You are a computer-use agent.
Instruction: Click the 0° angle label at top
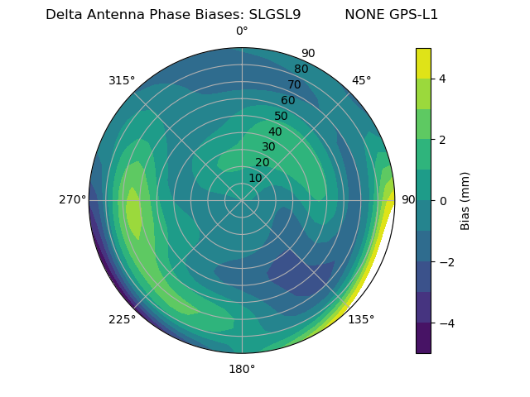coord(242,31)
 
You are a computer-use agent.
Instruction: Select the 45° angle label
coord(361,80)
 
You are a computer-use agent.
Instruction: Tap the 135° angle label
coord(361,319)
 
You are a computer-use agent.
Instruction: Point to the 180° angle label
coord(242,369)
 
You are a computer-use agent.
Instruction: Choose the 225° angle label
coord(122,319)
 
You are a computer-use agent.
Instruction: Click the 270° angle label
coord(72,199)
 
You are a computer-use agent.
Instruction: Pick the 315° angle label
coord(122,80)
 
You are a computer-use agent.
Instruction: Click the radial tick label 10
coord(255,178)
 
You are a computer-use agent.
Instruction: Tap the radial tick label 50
coord(281,117)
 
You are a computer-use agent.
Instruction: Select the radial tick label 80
coord(301,69)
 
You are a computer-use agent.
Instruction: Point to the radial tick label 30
coord(268,147)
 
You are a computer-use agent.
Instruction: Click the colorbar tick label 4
coord(443,79)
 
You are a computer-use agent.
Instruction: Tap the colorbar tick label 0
coord(443,201)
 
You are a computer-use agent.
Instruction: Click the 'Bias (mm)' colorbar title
coord(465,201)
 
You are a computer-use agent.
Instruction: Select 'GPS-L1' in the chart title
coord(412,15)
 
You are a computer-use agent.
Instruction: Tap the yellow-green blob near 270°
coord(133,213)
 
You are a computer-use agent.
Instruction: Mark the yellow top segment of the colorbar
coord(423,63)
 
